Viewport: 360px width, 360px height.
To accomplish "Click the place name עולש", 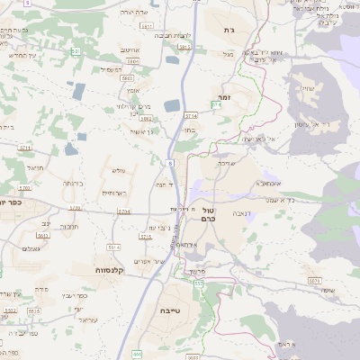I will coord(118,170).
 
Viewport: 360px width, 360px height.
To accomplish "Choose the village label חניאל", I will coord(36,167).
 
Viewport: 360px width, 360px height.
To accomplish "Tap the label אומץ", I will coord(133,91).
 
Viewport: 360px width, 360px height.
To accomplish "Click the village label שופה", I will coord(325,290).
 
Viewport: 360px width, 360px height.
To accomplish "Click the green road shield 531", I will coord(76,52).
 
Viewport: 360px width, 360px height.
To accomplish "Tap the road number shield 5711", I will coord(23,147).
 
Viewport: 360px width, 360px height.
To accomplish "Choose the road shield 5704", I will coord(124,211).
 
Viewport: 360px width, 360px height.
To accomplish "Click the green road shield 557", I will coord(198,283).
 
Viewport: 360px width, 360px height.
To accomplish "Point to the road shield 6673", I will coord(314,280).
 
